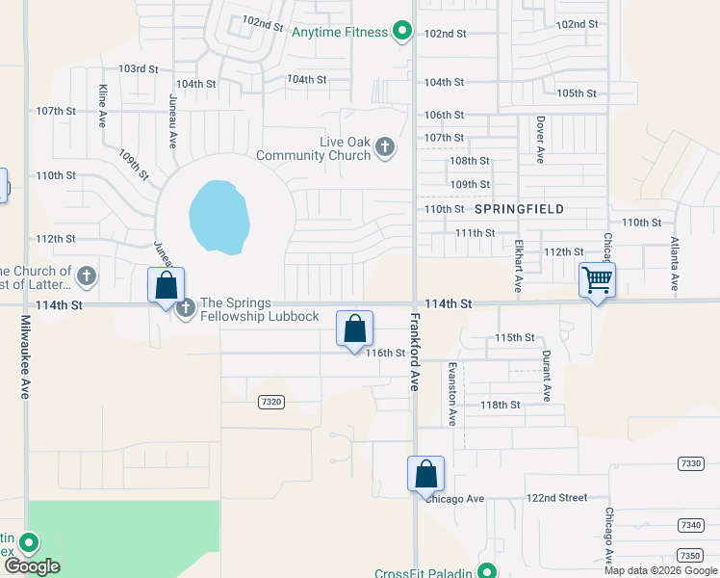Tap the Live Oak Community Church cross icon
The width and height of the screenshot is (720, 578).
(x=385, y=147)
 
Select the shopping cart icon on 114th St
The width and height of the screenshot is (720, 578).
(x=597, y=280)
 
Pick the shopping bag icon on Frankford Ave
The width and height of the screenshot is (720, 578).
(x=425, y=474)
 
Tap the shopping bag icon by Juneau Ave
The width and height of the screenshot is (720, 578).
(x=166, y=285)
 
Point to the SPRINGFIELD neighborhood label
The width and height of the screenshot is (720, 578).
(x=519, y=208)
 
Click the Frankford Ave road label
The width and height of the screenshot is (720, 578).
(x=416, y=351)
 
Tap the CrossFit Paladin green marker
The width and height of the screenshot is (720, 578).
(x=488, y=571)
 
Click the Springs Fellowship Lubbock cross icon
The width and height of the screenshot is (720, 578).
(x=185, y=308)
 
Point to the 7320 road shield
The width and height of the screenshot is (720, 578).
(x=270, y=403)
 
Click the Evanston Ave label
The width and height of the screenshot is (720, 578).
(x=451, y=394)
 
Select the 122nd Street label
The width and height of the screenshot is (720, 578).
(x=555, y=498)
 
